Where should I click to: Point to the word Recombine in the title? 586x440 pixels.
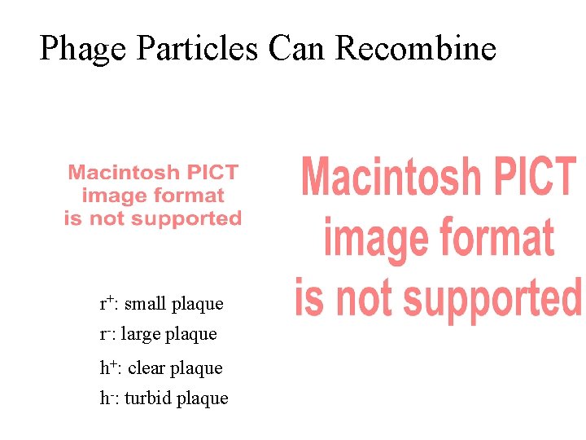pos(415,49)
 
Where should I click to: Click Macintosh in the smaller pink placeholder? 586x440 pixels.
pos(123,173)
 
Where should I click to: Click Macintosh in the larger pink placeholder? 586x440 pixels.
pos(391,177)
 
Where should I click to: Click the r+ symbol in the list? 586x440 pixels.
pos(107,303)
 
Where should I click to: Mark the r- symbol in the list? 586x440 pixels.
pos(107,334)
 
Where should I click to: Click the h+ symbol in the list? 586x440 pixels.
pos(108,367)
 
